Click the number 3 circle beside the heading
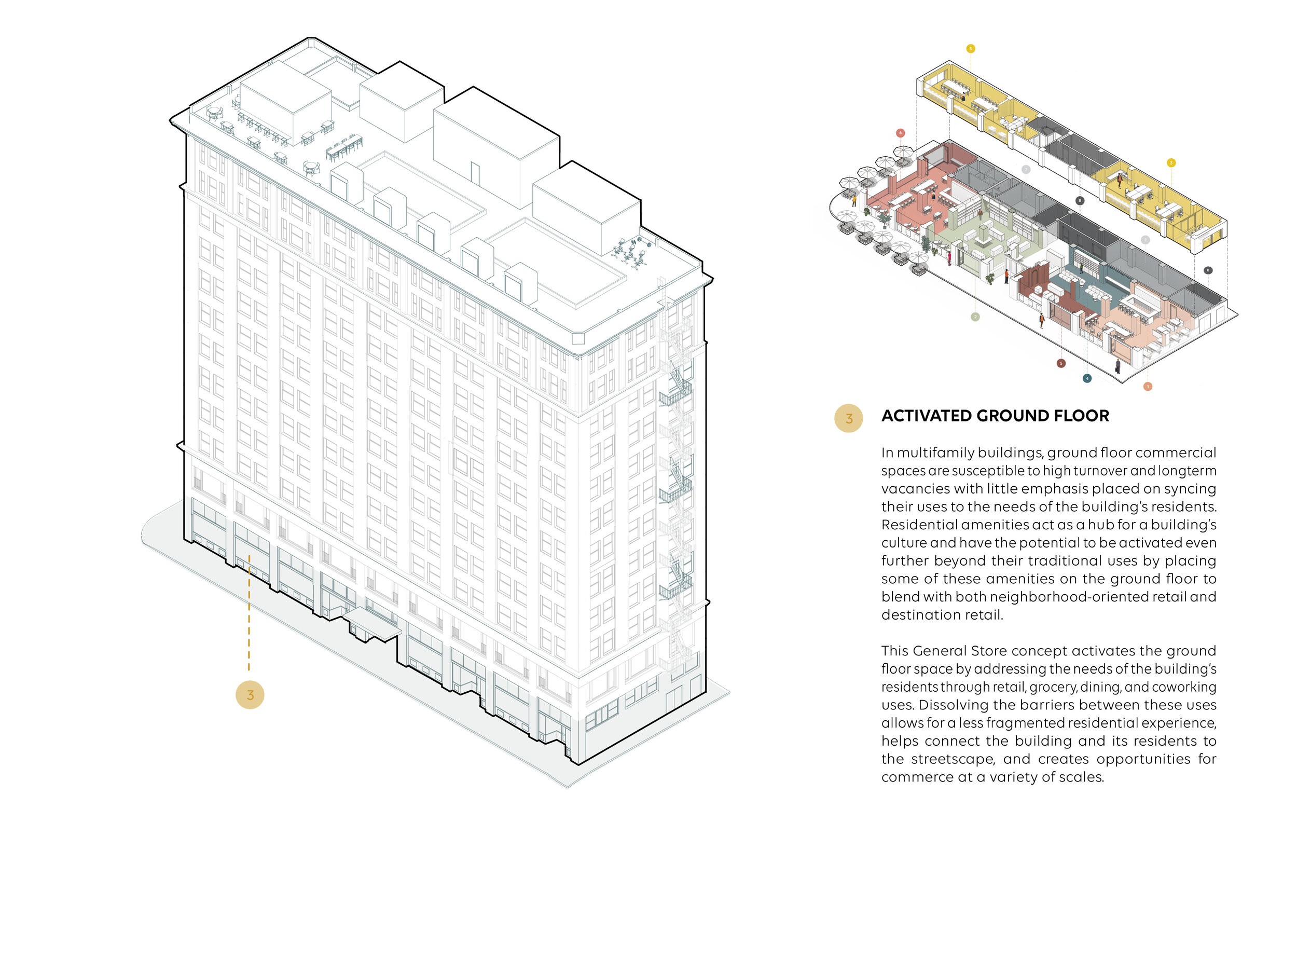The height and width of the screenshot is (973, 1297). pos(848,419)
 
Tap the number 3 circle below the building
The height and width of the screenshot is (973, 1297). pos(250,695)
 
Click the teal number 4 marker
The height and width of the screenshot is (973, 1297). pos(1087,378)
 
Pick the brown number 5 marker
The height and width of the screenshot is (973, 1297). pos(1061,364)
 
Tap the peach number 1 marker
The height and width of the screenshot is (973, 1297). pos(1148,387)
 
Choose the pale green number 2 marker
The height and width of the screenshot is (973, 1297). pos(975,317)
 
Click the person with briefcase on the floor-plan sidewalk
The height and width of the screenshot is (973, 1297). pos(1117,366)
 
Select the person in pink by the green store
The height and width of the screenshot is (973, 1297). pos(949,258)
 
